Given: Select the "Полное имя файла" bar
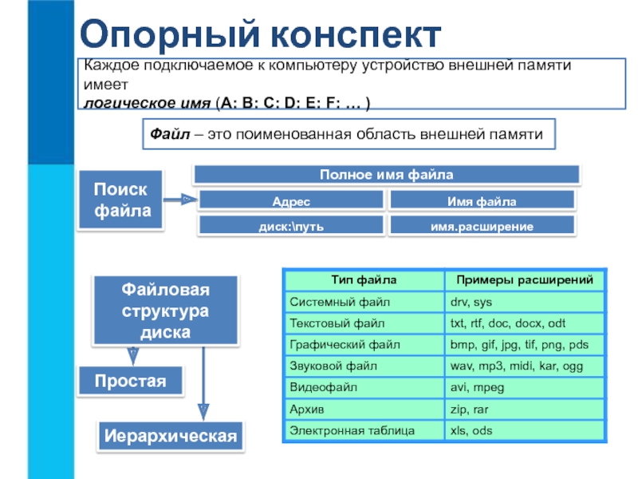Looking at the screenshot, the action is tap(386, 174).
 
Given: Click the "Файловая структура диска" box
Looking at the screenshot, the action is tap(166, 311).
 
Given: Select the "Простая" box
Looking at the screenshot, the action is tap(131, 381).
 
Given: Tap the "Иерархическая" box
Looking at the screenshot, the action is tap(171, 436).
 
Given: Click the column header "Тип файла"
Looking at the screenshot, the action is tap(363, 280).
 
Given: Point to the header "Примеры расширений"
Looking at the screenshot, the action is tap(523, 280).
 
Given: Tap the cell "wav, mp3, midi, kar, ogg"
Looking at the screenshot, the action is tap(516, 366).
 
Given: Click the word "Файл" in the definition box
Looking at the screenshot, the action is tap(169, 134).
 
